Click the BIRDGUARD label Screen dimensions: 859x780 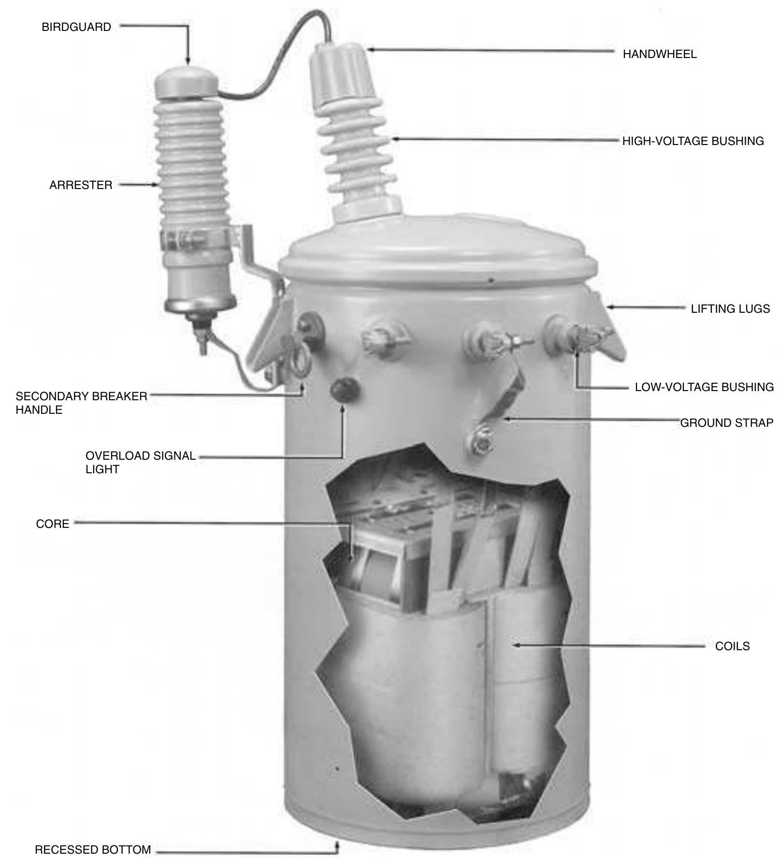click(76, 27)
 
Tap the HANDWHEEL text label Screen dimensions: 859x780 click(659, 54)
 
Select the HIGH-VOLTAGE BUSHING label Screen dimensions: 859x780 click(693, 141)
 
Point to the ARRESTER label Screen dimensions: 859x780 click(81, 185)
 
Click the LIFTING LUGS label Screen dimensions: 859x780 click(730, 309)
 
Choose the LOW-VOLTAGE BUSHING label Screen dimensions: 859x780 click(704, 387)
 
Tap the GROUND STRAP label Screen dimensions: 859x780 click(726, 423)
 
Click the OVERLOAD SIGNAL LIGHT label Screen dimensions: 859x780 click(140, 463)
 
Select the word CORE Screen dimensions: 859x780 click(53, 524)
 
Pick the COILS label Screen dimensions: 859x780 click(732, 646)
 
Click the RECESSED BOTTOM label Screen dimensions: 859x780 click(93, 850)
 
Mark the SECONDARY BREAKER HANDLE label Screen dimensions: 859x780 click(81, 403)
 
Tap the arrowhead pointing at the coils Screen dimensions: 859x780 click(516, 645)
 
